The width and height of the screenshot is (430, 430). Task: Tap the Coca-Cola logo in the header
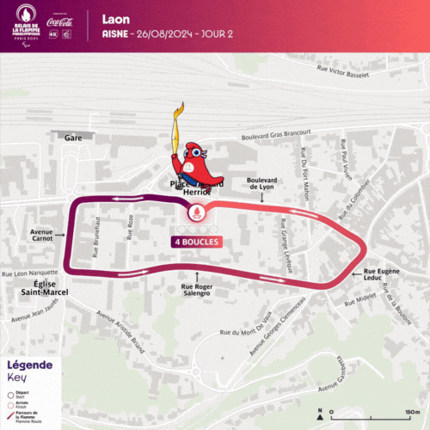[x=62, y=22]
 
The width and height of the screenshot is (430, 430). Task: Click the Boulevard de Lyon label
[x=262, y=183]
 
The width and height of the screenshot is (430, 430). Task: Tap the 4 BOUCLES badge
[x=196, y=242]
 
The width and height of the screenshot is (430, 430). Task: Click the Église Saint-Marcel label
[x=40, y=288]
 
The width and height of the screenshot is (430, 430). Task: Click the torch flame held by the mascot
[x=180, y=113]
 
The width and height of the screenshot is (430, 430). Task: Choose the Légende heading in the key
[x=30, y=365]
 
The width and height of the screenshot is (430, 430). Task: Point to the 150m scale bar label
[x=414, y=412]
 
